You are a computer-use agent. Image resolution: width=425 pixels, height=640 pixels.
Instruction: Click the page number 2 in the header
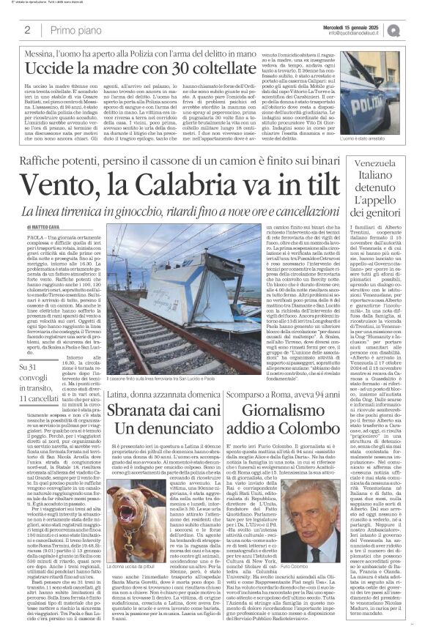[27, 31]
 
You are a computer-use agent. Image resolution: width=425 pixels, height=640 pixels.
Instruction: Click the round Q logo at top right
[414, 30]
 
